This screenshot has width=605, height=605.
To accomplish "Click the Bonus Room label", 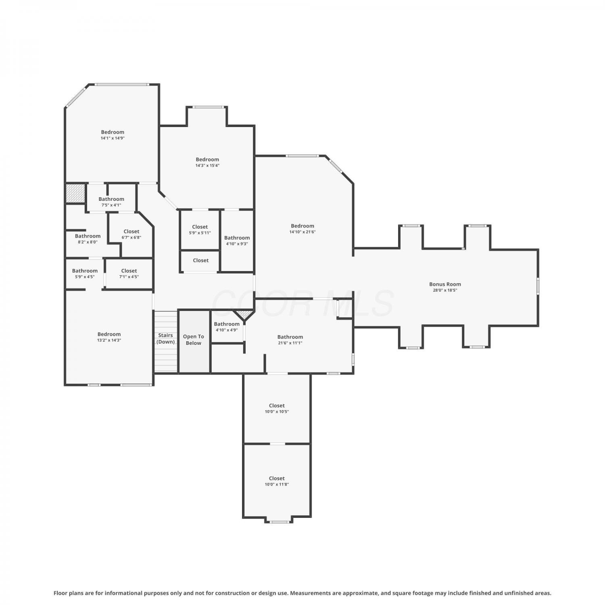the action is pyautogui.click(x=445, y=284).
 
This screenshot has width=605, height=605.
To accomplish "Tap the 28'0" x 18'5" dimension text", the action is pyautogui.click(x=445, y=290).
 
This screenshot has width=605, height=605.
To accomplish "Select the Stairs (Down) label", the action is pyautogui.click(x=166, y=338).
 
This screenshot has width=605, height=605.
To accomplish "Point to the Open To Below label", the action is pyautogui.click(x=194, y=340).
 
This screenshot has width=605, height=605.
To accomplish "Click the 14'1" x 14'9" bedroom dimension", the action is pyautogui.click(x=113, y=138).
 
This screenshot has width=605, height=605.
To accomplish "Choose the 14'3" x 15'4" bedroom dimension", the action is pyautogui.click(x=207, y=165).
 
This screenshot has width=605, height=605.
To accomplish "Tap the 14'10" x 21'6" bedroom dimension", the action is pyautogui.click(x=302, y=232).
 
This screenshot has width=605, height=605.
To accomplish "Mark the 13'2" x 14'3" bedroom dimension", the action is pyautogui.click(x=109, y=340).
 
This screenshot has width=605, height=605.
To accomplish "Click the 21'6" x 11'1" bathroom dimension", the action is pyautogui.click(x=290, y=343).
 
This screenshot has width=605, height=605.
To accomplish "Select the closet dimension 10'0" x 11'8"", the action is pyautogui.click(x=277, y=484).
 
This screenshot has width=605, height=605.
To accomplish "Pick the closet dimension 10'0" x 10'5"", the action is pyautogui.click(x=277, y=411).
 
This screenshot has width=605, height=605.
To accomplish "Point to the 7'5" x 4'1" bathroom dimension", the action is pyautogui.click(x=111, y=205).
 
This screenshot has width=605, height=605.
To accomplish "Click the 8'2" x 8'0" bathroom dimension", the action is pyautogui.click(x=88, y=242).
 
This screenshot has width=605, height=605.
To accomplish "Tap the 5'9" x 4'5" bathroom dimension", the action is pyautogui.click(x=85, y=277).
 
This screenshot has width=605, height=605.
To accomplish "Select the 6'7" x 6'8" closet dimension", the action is pyautogui.click(x=131, y=237).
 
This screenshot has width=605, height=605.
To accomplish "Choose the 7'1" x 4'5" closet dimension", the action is pyautogui.click(x=129, y=277).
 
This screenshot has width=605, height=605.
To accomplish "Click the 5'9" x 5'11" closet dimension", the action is pyautogui.click(x=200, y=233).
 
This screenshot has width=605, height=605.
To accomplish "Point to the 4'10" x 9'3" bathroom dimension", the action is pyautogui.click(x=237, y=244).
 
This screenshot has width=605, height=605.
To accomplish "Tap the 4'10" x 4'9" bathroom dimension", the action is pyautogui.click(x=227, y=330).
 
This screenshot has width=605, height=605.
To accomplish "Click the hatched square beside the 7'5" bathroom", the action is pyautogui.click(x=75, y=193).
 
